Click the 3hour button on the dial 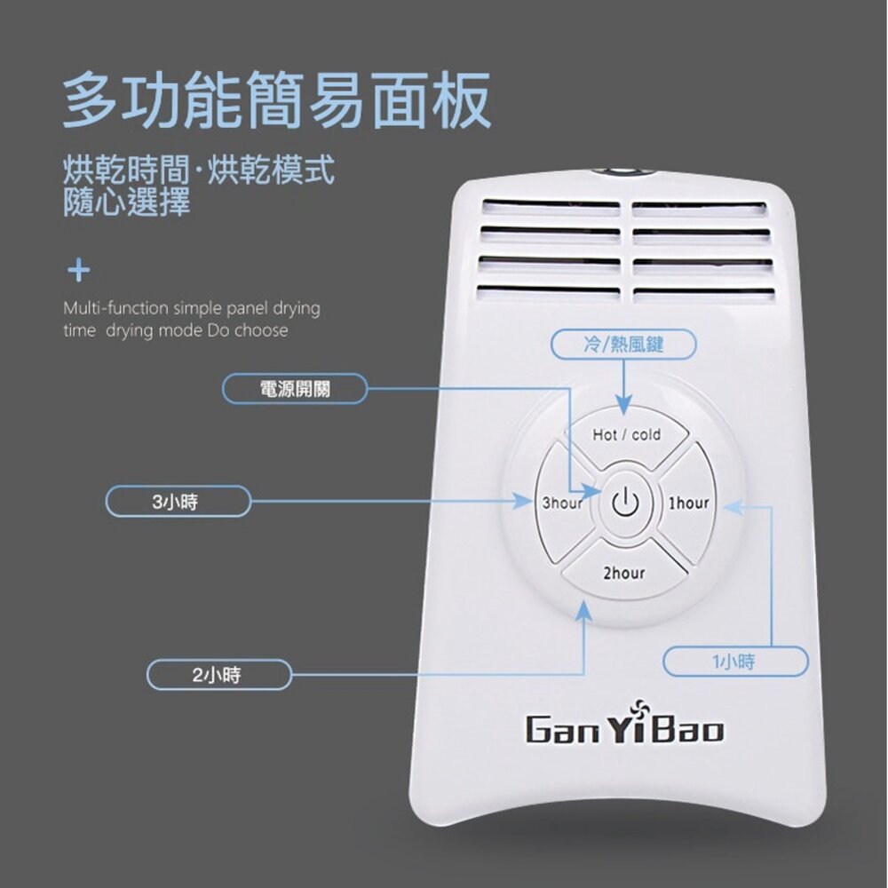point(563,503)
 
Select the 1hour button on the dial point(686,503)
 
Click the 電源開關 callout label point(295,389)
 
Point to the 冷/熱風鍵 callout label point(623,345)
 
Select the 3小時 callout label point(178,501)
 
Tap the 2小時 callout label point(218,675)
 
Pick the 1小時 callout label point(735,662)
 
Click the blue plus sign point(79,270)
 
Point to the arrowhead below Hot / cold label point(623,406)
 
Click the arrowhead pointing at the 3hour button point(523,501)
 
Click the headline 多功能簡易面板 point(276,100)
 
